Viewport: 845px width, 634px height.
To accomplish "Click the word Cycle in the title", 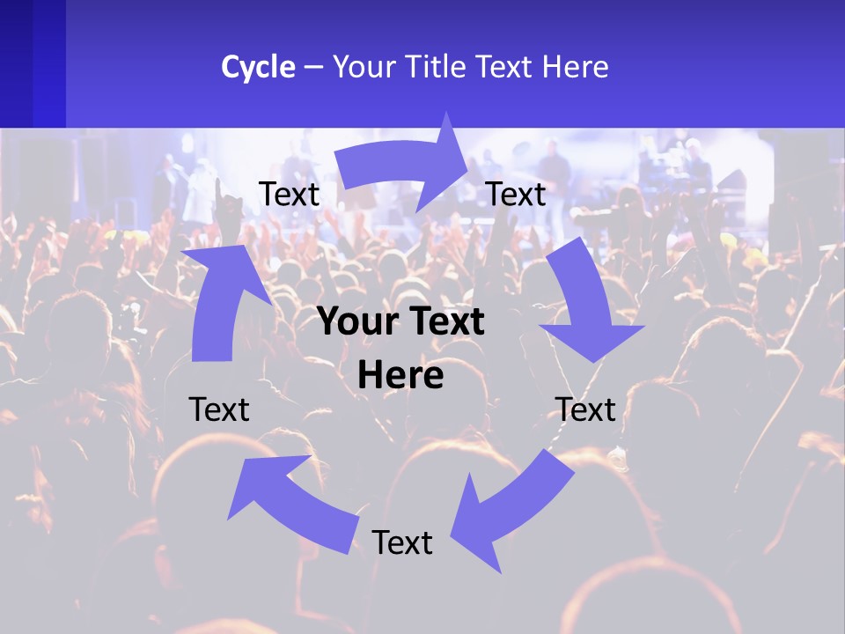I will (258, 67).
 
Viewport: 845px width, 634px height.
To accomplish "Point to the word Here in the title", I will (575, 67).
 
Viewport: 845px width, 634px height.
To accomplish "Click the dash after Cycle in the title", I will (313, 67).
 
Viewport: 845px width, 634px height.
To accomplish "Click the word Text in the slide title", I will (506, 67).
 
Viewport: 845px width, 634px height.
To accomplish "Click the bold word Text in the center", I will (444, 322).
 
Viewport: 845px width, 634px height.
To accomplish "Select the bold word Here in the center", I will (400, 375).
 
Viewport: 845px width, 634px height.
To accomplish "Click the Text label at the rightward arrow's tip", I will (516, 194).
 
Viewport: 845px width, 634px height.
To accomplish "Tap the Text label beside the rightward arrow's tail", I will (290, 194).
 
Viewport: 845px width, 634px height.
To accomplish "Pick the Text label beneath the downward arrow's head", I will (585, 409).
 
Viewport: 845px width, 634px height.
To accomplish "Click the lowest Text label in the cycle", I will (402, 542).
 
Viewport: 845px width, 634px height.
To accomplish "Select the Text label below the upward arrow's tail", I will (219, 409).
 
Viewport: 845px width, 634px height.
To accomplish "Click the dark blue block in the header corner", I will (33, 63).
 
